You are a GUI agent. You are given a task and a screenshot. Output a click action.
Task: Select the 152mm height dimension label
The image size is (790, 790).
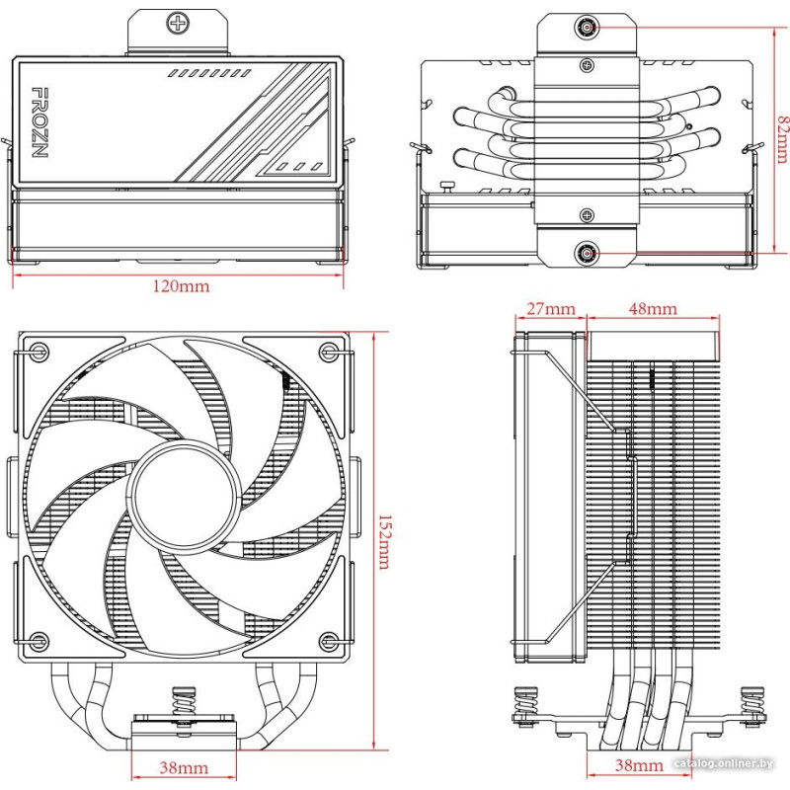383,542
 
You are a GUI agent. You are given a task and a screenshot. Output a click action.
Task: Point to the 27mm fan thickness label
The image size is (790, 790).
550,309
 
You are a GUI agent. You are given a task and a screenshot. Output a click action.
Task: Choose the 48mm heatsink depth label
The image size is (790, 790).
653,309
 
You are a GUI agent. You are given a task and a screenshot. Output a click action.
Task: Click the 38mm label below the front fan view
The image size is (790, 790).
183,767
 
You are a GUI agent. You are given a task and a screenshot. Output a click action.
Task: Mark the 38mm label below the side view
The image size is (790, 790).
638,766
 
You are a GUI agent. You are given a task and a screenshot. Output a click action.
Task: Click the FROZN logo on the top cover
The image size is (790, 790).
40,121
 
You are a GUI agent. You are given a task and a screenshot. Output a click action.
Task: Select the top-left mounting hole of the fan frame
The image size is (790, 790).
39,352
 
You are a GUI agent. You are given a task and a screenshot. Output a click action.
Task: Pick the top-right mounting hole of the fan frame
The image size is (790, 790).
329,352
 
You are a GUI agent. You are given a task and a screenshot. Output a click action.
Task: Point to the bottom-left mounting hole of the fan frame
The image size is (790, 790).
39,643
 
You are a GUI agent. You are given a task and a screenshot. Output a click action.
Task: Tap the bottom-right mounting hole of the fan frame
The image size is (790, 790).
329,643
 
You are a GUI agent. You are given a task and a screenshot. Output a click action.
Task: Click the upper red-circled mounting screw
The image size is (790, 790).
588,28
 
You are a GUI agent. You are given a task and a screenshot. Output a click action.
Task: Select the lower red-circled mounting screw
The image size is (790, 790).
588,253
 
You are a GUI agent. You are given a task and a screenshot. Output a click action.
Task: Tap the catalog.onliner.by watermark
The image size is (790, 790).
727,765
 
